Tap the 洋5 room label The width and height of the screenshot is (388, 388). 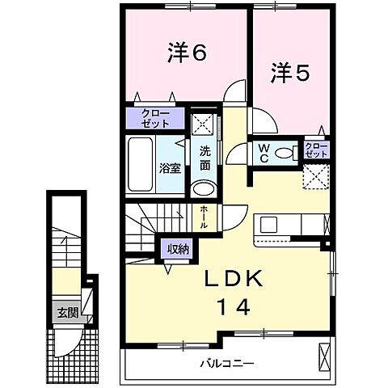pos(289,73)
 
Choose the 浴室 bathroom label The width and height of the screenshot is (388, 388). pos(169,170)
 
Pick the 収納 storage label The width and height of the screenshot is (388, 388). pos(179,249)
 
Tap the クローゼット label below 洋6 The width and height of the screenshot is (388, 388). pos(156,118)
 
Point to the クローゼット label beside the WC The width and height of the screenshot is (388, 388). pos(316,150)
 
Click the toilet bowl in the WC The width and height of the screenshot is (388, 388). pos(285,152)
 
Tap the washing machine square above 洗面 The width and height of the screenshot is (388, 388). pos(204,125)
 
